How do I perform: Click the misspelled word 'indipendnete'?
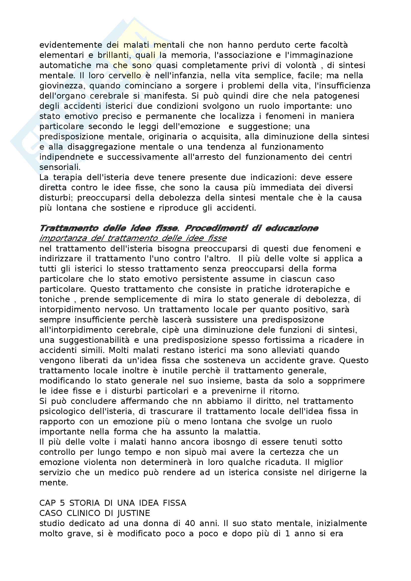pyautogui.click(x=67, y=157)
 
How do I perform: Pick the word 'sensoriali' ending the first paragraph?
pyautogui.click(x=60, y=167)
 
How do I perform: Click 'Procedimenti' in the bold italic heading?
pyautogui.click(x=216, y=228)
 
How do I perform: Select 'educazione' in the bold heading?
pyautogui.click(x=292, y=228)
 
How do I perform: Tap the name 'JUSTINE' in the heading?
pyautogui.click(x=134, y=513)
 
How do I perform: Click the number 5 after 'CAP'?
pyautogui.click(x=63, y=503)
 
